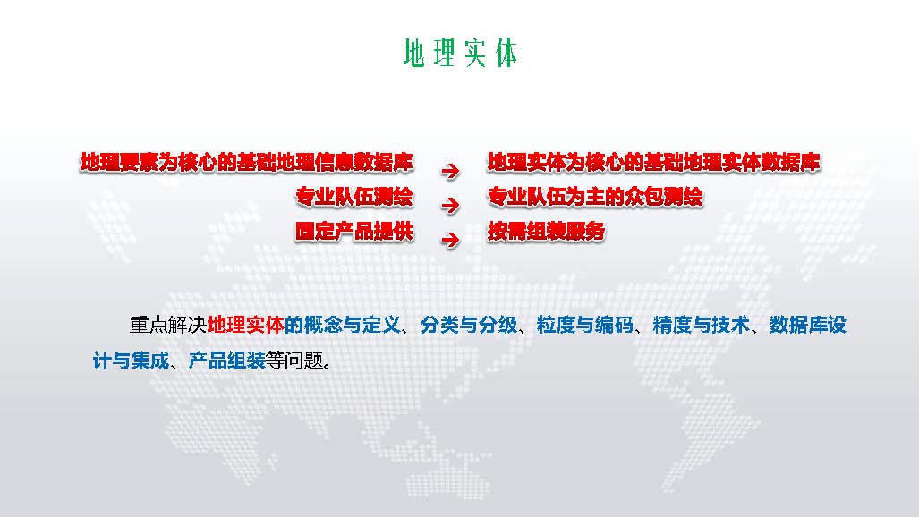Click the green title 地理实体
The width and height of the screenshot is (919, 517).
point(460,54)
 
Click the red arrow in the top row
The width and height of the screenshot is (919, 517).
point(450,171)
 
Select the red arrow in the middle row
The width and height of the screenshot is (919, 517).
point(450,205)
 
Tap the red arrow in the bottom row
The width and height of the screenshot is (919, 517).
point(450,240)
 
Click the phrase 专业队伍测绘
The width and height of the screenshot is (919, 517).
point(354,197)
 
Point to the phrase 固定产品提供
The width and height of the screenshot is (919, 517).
point(354,232)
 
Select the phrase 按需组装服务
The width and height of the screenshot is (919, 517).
point(546,232)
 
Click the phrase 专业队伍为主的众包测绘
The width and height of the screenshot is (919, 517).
point(595,197)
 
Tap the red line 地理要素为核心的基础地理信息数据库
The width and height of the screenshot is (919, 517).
point(247,163)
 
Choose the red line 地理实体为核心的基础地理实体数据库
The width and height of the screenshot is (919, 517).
point(654,163)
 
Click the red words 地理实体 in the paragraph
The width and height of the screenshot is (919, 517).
point(245,325)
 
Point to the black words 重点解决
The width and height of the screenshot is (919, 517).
point(168,325)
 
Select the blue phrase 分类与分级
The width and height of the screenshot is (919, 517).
point(469,325)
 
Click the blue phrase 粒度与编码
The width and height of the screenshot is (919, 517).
point(585,325)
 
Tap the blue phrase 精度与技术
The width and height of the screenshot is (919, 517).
point(701,325)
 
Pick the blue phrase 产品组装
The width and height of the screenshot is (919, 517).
point(226,360)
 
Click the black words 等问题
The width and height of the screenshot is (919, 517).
point(294,360)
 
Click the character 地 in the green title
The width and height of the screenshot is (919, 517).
point(413,54)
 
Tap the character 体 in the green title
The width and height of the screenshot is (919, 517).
point(506,54)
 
